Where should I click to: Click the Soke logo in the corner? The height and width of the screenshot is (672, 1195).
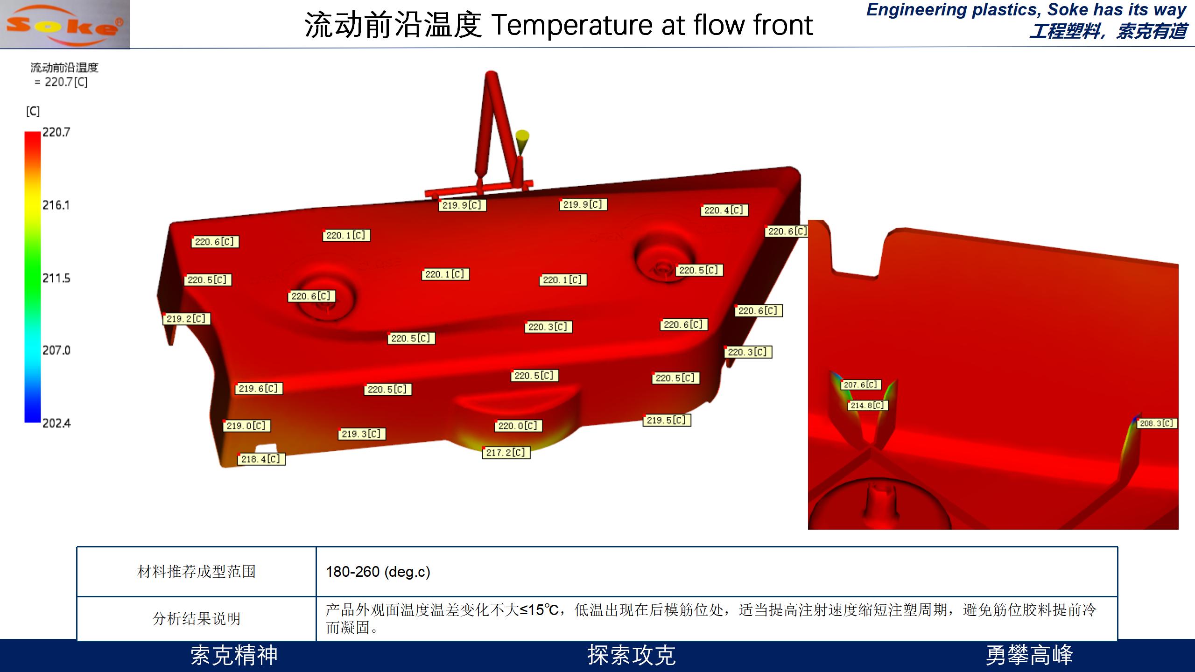(65, 24)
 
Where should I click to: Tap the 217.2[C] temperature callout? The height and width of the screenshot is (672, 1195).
(506, 453)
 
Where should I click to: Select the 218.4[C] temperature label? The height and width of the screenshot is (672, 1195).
(261, 459)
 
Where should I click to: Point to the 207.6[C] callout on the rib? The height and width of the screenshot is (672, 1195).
(861, 385)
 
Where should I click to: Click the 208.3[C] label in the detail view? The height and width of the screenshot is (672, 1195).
(1157, 423)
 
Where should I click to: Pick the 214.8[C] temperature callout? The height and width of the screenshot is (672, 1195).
(867, 406)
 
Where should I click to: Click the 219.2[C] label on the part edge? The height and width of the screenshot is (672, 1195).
(186, 319)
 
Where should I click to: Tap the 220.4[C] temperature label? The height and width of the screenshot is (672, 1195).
(724, 210)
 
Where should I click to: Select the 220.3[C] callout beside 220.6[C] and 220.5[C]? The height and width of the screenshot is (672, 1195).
(548, 327)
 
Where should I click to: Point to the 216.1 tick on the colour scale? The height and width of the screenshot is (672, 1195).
(56, 205)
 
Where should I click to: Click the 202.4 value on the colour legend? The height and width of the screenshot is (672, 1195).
(56, 423)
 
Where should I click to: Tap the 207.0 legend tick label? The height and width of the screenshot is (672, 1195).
(56, 350)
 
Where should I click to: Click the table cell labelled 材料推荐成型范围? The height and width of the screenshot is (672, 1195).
(197, 572)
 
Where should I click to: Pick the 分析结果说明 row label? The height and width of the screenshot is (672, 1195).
(197, 619)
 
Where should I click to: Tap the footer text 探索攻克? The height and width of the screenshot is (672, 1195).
(631, 655)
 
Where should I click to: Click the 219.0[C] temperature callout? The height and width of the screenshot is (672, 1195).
(246, 426)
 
